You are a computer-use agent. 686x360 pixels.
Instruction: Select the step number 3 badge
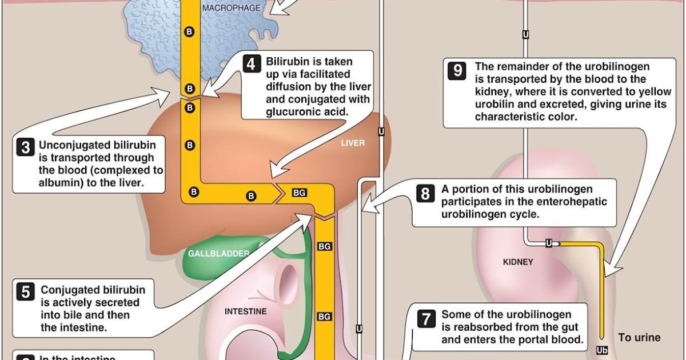point(25,147)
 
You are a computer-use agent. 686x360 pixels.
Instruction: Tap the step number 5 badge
point(26,292)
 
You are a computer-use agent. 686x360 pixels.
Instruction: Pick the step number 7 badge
point(426,318)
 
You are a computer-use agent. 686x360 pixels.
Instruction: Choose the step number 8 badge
point(425,194)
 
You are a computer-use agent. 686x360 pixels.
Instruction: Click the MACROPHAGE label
point(231,8)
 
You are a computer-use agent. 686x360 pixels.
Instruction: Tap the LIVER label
point(353,143)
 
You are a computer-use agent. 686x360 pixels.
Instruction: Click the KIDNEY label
point(518,262)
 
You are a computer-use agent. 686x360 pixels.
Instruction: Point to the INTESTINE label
point(245,311)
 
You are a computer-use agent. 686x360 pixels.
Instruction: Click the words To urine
point(639,338)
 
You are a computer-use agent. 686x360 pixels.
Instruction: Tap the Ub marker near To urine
point(601,350)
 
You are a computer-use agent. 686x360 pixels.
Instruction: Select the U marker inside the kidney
point(549,243)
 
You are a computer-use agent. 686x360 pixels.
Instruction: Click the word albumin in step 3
point(58,183)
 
